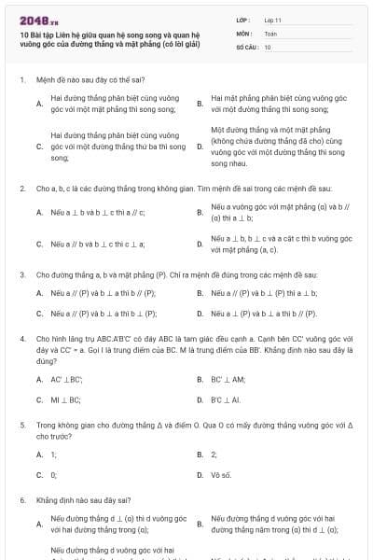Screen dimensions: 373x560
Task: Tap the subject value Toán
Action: coord(269,32)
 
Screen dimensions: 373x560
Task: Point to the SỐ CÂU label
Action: coord(247,46)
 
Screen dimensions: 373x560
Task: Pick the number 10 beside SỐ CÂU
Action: coord(268,46)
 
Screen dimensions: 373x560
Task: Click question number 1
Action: coord(21,80)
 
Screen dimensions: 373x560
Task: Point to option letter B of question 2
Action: coord(200,213)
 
